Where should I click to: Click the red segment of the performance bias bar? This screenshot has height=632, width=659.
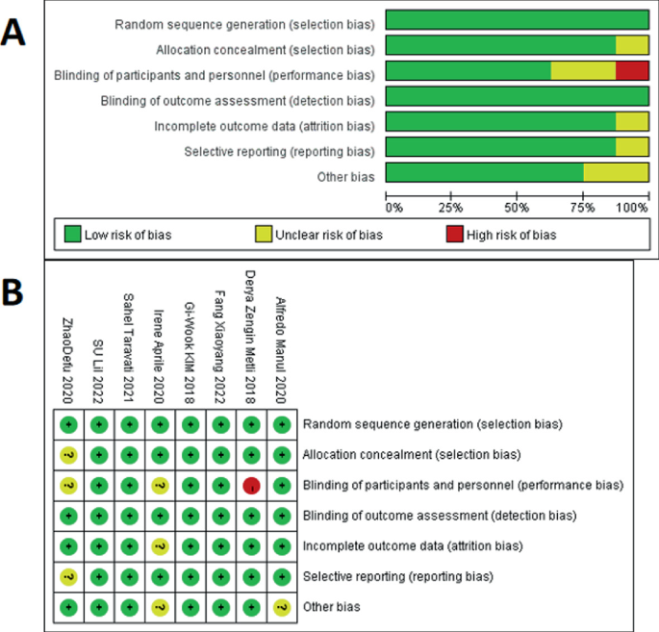[632, 70]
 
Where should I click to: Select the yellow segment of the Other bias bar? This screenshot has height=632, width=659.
[616, 173]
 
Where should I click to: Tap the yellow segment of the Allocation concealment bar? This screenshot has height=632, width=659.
[632, 44]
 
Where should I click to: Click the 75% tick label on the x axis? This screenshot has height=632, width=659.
[582, 207]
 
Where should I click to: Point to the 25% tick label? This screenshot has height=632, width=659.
[451, 207]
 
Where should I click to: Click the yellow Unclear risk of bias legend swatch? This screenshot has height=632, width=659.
[263, 234]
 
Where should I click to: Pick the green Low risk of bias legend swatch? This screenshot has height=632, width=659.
[73, 234]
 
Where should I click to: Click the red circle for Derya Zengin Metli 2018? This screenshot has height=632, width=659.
[252, 486]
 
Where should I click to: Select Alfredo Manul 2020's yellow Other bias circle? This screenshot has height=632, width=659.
[281, 607]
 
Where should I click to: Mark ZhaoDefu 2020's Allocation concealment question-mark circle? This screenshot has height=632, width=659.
[67, 455]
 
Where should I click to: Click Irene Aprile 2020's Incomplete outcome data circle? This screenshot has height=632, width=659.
[160, 546]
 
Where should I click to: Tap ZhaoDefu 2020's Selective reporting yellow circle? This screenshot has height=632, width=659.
[67, 577]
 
